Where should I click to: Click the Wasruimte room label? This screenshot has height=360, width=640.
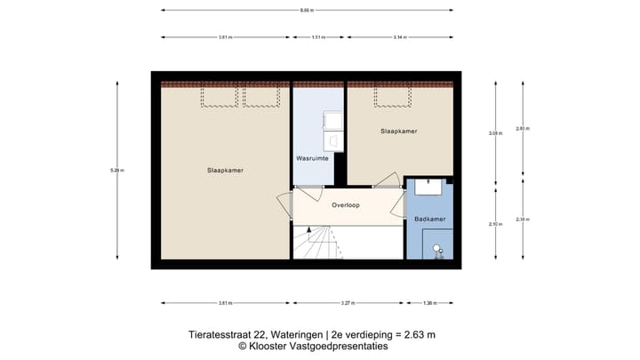click(312, 158)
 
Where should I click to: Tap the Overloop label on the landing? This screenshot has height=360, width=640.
click(345, 204)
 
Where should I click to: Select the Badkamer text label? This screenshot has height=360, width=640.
click(429, 218)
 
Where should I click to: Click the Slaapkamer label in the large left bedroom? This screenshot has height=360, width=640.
click(225, 171)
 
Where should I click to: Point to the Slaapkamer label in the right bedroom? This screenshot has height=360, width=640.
click(399, 131)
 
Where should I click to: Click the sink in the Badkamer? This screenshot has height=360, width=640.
click(429, 186)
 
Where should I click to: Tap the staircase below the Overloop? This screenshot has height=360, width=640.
click(325, 241)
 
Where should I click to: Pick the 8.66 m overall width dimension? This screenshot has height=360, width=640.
click(307, 11)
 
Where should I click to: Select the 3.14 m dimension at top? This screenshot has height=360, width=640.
click(399, 37)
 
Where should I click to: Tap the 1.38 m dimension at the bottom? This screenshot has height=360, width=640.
click(429, 303)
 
